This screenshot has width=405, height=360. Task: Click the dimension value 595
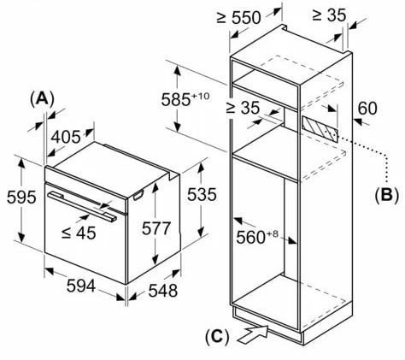coord(21,197)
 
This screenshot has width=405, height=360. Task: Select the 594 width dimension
coord(81,286)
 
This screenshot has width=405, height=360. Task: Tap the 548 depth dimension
coord(163,291)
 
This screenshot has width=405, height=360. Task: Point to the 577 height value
coord(156,228)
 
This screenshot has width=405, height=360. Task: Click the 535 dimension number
coord(202,195)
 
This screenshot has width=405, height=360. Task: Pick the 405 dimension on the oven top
coord(66,137)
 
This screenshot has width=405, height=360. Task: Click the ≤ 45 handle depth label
coord(79,233)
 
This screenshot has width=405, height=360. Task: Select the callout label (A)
coord(42,99)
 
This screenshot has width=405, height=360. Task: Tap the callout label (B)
coord(386,196)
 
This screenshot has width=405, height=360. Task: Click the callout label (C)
coord(217,337)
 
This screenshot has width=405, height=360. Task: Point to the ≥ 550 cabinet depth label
coord(238,17)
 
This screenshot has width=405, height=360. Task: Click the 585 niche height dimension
coord(185,99)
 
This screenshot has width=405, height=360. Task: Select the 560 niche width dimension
coord(256,237)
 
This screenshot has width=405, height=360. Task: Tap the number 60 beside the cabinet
coord(367,108)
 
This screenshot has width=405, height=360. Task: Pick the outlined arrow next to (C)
coord(253,334)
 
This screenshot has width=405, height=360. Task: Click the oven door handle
coord(82,206)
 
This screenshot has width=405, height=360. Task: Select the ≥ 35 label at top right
coord(329,15)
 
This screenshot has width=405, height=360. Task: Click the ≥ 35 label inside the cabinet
coord(243,108)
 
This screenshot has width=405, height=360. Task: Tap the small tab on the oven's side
coord(138,195)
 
